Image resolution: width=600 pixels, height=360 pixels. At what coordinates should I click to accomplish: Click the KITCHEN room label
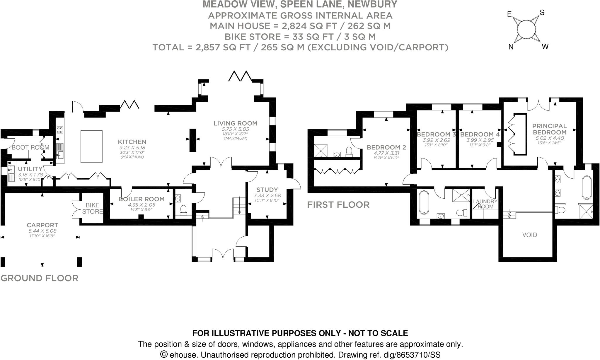132,142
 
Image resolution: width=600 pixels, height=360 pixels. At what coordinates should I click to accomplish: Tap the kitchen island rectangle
91,146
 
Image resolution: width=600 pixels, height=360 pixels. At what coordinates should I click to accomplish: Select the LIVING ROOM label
235,123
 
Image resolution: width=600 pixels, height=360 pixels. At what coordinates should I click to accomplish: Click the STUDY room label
267,190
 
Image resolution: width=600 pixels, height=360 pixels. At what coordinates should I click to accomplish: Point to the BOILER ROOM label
141,199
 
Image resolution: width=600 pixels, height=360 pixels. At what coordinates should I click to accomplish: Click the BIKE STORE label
92,208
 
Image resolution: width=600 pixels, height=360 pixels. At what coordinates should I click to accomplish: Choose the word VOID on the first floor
530,235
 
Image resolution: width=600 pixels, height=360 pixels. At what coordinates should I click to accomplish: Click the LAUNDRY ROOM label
485,204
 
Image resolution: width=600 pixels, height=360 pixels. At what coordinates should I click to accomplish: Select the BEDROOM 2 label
386,147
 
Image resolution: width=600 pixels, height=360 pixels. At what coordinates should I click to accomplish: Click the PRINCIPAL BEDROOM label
549,129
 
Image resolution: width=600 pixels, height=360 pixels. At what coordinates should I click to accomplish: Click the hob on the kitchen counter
60,130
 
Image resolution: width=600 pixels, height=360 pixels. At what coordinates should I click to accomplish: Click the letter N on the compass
511,47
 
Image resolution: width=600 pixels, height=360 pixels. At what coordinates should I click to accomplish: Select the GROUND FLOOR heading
40,278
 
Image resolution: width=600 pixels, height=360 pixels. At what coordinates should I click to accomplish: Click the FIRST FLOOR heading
338,205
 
